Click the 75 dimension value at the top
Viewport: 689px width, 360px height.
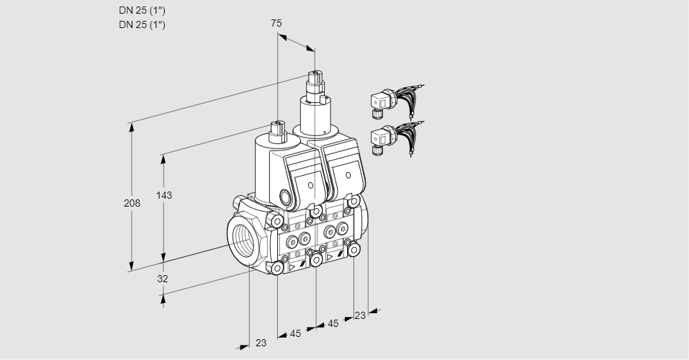(x=276, y=24)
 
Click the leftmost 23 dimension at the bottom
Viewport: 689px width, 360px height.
(x=261, y=343)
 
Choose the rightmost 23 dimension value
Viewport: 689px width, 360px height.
(x=360, y=315)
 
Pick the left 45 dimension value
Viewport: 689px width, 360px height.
(x=295, y=333)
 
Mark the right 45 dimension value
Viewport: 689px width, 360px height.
(x=333, y=324)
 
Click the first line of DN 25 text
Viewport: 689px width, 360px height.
(x=142, y=11)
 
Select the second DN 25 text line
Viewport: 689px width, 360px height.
(x=142, y=25)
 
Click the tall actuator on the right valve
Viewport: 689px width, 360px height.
(x=315, y=104)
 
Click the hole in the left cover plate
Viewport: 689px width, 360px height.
(x=310, y=186)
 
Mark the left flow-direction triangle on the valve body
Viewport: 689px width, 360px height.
(x=292, y=267)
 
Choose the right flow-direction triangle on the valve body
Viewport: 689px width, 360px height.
(x=330, y=256)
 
